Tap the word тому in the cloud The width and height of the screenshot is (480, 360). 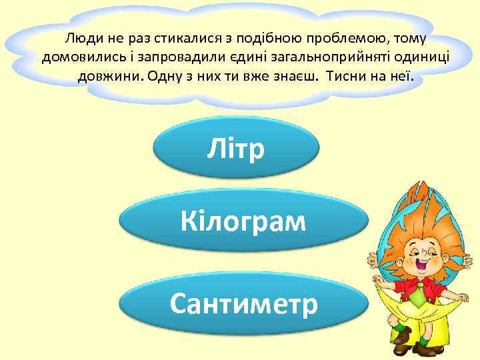(x=411, y=37)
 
